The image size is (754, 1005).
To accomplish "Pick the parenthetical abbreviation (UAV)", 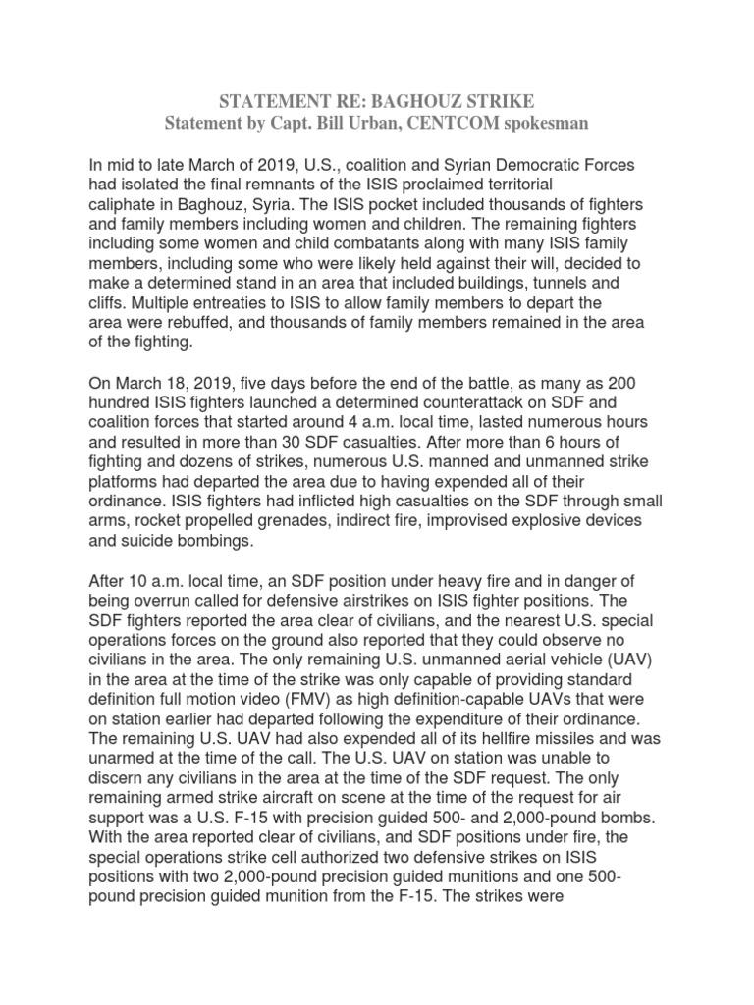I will point(616,660).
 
